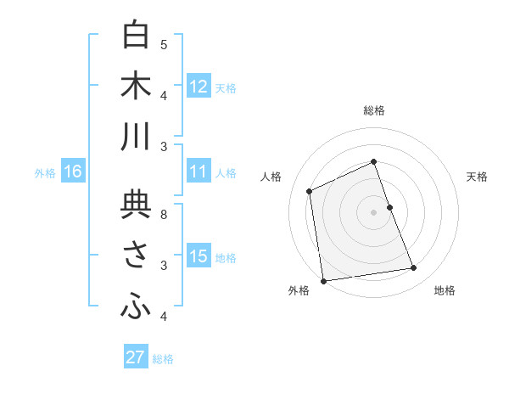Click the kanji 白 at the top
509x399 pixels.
136,36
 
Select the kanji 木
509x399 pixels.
136,87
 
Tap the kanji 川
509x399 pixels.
136,138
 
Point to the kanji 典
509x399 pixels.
136,206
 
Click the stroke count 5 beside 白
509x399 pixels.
164,44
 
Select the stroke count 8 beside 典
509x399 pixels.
164,215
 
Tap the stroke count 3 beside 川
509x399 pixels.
164,147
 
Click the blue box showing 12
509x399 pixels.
199,87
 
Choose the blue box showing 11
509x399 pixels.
199,171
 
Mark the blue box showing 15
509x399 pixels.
199,256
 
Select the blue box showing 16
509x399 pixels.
73,171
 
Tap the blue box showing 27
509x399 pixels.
136,357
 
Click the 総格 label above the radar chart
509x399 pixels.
374,110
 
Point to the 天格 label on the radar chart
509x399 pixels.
478,177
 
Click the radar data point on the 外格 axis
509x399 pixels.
323,280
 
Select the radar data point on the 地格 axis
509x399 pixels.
414,268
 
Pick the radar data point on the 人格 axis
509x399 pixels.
310,191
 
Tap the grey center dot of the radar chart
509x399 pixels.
373,211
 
